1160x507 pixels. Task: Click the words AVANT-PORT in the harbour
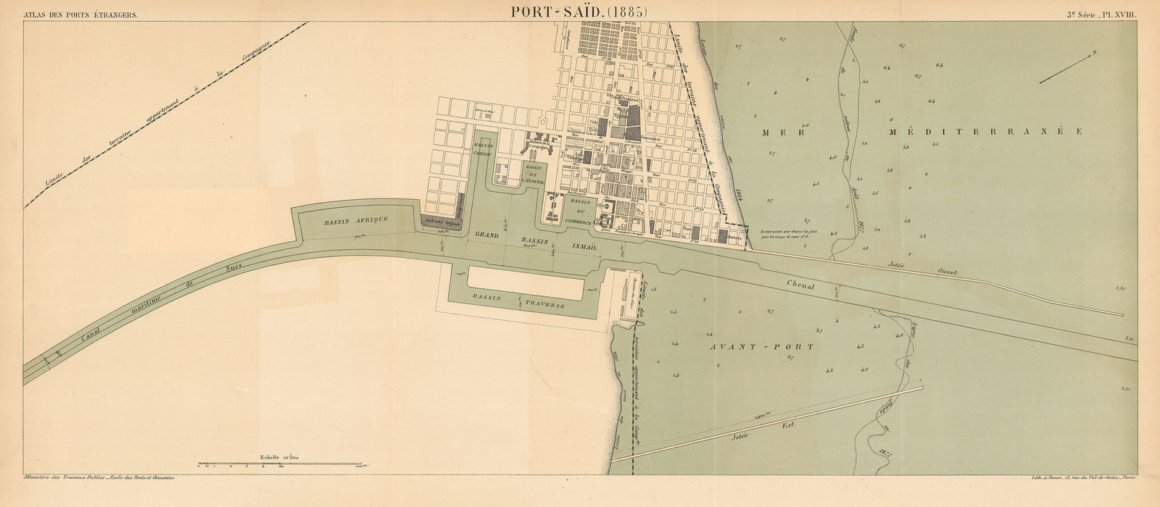[757, 347]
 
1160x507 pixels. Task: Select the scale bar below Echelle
[283, 464]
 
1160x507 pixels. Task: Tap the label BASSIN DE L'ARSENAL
[534, 176]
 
